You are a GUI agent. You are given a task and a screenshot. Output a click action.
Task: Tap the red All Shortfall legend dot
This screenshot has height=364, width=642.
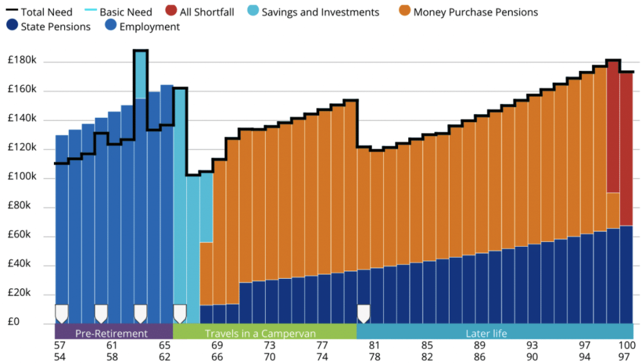point(171,11)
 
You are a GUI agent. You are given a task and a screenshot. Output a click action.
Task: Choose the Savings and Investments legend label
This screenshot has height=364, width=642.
point(320,12)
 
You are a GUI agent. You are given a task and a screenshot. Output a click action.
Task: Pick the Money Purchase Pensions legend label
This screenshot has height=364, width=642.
point(475,12)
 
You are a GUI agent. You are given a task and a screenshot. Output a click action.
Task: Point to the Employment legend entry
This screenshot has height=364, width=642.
point(149,26)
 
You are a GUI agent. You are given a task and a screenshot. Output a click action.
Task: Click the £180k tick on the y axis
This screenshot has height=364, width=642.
point(22,61)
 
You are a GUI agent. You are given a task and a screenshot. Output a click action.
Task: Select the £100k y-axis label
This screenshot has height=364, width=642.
point(22,178)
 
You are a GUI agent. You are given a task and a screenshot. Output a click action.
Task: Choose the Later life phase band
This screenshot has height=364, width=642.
point(487,333)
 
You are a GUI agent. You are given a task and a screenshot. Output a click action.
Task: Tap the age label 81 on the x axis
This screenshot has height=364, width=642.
point(374,345)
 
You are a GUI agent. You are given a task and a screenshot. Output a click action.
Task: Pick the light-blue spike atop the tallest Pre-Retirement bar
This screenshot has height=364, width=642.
point(140,74)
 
